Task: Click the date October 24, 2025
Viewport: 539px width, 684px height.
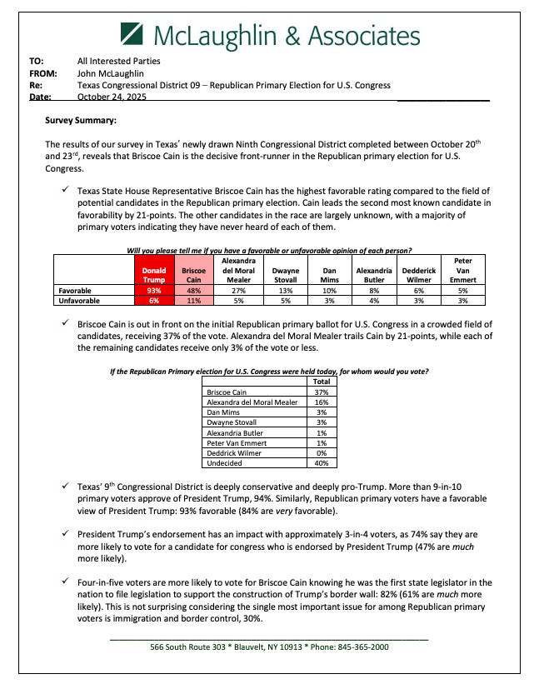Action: click(110, 97)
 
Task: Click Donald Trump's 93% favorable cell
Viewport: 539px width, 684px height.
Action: click(153, 291)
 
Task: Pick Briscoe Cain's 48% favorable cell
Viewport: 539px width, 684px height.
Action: click(193, 291)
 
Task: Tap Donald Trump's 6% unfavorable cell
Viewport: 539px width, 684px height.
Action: click(153, 301)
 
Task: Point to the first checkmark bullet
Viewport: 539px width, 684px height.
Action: click(65, 192)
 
